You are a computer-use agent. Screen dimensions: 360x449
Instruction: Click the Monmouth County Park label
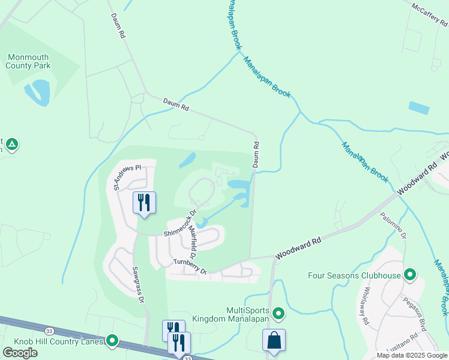(28, 61)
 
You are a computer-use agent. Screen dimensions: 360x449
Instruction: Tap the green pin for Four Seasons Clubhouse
(410, 275)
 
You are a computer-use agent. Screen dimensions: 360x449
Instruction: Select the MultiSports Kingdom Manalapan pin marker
(279, 313)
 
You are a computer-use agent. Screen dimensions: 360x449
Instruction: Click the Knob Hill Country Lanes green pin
(112, 341)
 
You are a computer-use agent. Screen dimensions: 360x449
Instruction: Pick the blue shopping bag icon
(274, 340)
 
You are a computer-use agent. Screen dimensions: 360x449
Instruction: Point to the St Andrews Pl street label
(126, 176)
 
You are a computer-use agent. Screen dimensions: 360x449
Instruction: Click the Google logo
(20, 352)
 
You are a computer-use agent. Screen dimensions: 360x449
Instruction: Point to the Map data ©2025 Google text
(411, 355)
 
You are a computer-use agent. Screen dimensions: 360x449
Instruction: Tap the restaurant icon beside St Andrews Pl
(144, 202)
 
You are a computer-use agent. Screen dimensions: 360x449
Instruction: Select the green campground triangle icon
(12, 144)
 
